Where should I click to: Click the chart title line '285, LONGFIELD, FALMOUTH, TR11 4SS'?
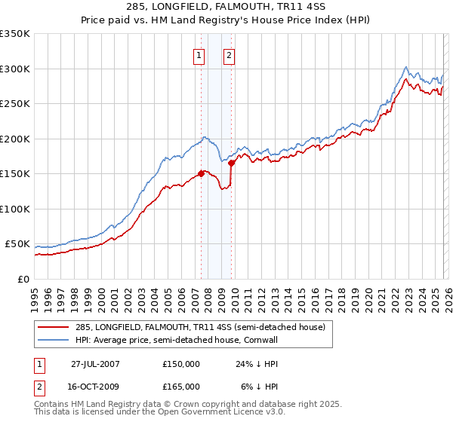pos(226,8)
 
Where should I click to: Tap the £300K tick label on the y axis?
pos(15,69)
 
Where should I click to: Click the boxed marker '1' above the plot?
pos(199,54)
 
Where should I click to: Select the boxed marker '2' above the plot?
pos(228,54)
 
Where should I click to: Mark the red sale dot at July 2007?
pos(201,173)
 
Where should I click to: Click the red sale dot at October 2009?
pos(231,163)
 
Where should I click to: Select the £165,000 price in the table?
pos(181,386)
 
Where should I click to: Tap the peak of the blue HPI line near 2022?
pos(406,66)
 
